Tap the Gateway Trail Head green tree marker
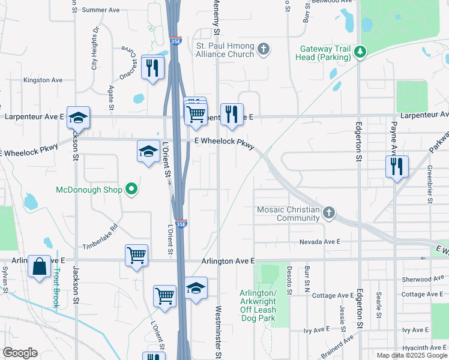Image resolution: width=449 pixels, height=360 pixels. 360,52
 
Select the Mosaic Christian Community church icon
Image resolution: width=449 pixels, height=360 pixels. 328,213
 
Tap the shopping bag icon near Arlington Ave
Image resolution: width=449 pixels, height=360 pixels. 39,266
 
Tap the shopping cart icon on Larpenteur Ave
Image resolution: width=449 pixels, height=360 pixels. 196,112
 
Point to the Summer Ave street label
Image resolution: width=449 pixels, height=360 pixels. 101,10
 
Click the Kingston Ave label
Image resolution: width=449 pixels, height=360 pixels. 43,80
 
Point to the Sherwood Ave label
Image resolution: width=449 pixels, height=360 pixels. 424,279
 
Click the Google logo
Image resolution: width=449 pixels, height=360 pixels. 20,353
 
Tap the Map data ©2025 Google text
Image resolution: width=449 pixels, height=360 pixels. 411,355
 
